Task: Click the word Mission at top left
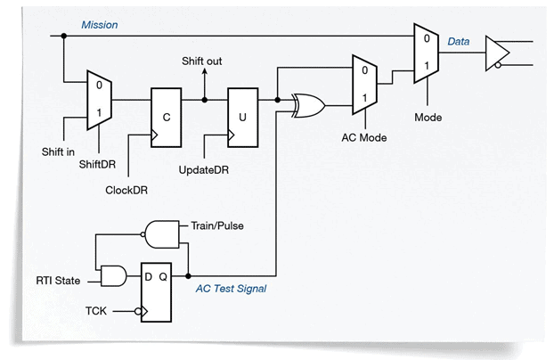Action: [100, 25]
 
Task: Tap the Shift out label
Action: [204, 61]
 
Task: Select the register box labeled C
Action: [167, 115]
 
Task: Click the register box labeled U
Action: [243, 115]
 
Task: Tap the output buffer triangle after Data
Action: [493, 53]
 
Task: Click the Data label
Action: [460, 42]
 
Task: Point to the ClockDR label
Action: [126, 189]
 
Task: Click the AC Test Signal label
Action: [231, 288]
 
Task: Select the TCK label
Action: [97, 311]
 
